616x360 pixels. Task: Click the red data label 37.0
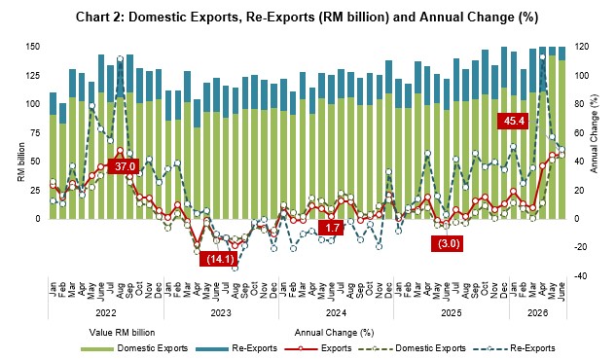(125, 166)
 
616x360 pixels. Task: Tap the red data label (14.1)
(220, 259)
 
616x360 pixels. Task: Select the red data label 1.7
(332, 228)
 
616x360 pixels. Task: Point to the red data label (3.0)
(449, 243)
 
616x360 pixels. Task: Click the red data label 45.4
(514, 121)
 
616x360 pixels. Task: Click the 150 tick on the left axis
(33, 47)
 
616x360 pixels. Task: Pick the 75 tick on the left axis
(35, 132)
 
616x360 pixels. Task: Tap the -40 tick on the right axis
(581, 276)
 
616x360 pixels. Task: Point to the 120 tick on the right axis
(581, 47)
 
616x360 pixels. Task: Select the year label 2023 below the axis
(221, 313)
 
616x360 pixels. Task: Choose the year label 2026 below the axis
(537, 313)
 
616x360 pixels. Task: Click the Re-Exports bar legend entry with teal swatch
(236, 348)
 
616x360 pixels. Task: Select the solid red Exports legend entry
(318, 348)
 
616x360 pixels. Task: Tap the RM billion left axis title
(21, 162)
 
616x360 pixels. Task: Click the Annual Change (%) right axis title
(594, 133)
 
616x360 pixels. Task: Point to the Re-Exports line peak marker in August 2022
(121, 59)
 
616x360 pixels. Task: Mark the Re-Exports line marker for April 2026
(543, 57)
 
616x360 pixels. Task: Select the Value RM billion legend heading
(122, 333)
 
